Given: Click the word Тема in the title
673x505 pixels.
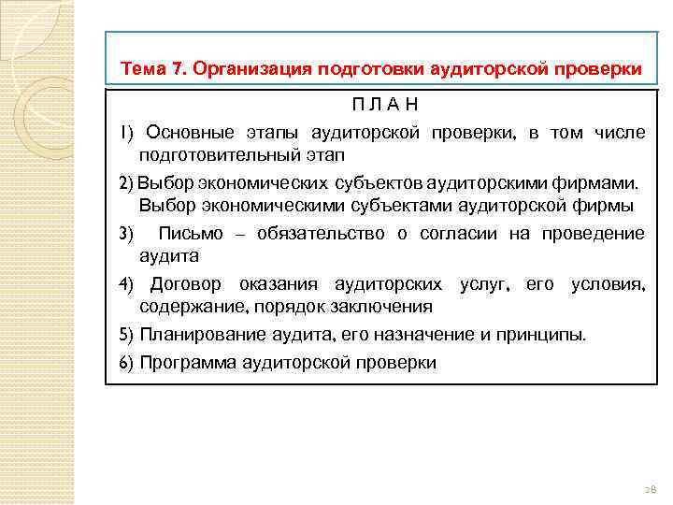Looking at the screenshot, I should (x=142, y=70).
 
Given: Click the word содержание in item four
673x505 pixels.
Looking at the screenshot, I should (x=183, y=306).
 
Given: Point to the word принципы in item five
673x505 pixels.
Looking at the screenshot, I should (x=549, y=335).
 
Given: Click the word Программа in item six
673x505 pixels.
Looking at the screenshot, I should (x=181, y=363).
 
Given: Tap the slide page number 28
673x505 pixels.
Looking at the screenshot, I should (x=651, y=488).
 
